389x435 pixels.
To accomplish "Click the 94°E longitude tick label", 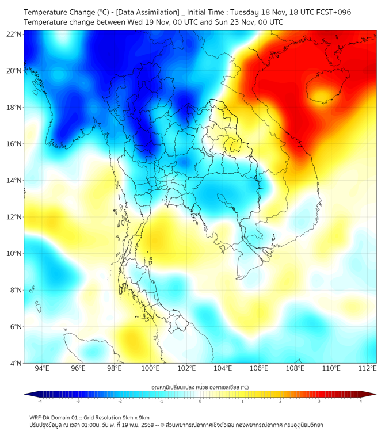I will pyautogui.click(x=42, y=368).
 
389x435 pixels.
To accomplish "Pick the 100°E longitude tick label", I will pyautogui.click(x=150, y=368).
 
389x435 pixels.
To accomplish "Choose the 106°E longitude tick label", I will pyautogui.click(x=259, y=368).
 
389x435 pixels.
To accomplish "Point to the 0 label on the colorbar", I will pyautogui.click(x=200, y=401).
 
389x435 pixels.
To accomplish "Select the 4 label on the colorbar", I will pyautogui.click(x=361, y=401).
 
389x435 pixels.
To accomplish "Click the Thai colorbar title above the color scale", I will pyautogui.click(x=200, y=387).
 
